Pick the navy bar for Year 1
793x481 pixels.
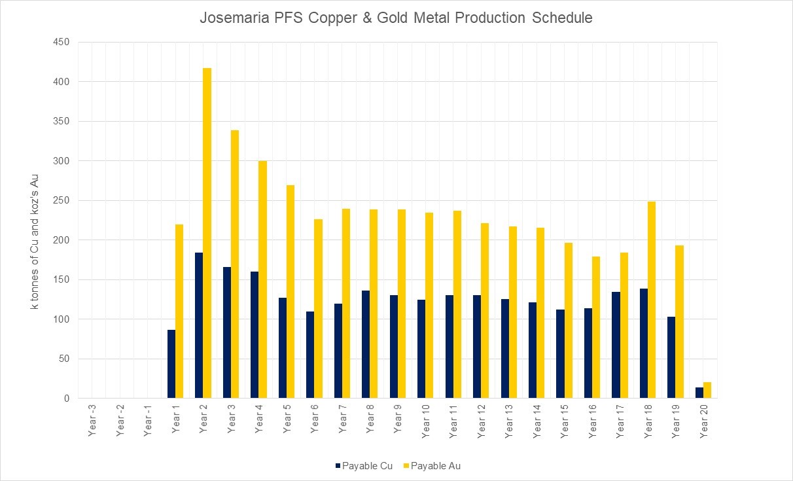point(171,364)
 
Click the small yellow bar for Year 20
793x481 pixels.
point(707,390)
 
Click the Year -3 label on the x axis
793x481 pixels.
point(92,421)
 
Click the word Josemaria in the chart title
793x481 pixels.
point(229,18)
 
